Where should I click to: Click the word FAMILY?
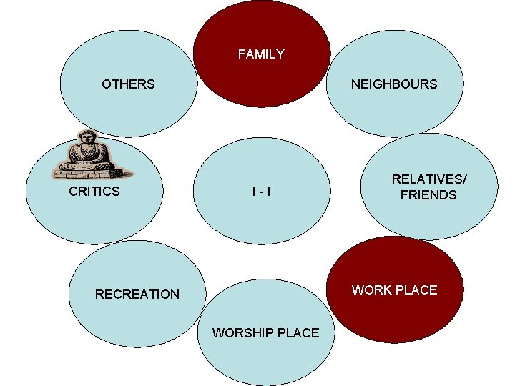tap(261, 54)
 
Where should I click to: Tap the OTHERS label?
tap(128, 84)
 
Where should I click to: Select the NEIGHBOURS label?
tap(393, 84)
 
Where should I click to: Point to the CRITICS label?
tap(94, 192)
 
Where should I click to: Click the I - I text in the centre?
tap(261, 192)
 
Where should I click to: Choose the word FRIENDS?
tap(428, 195)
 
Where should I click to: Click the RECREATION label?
tap(137, 294)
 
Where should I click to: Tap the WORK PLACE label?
tap(394, 289)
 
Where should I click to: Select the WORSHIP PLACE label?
tap(265, 333)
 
